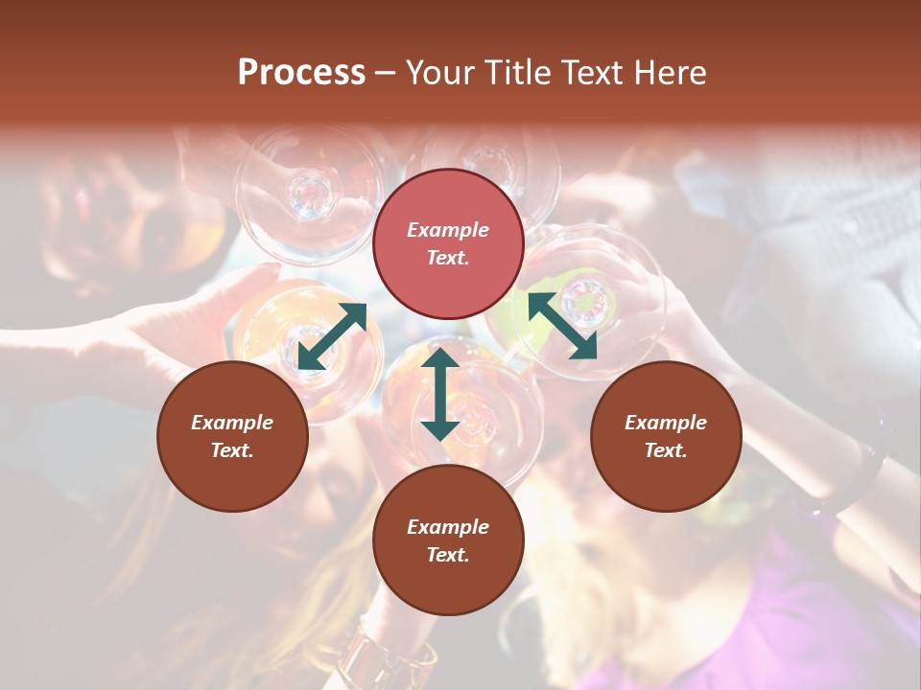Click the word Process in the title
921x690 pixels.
tap(301, 73)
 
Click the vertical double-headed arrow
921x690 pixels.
tap(440, 395)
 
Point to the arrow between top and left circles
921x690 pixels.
tap(332, 336)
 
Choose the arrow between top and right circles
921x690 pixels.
tap(562, 326)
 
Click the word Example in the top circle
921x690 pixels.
tap(448, 230)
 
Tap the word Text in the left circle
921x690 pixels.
tap(232, 450)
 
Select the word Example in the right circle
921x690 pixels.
tap(666, 423)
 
